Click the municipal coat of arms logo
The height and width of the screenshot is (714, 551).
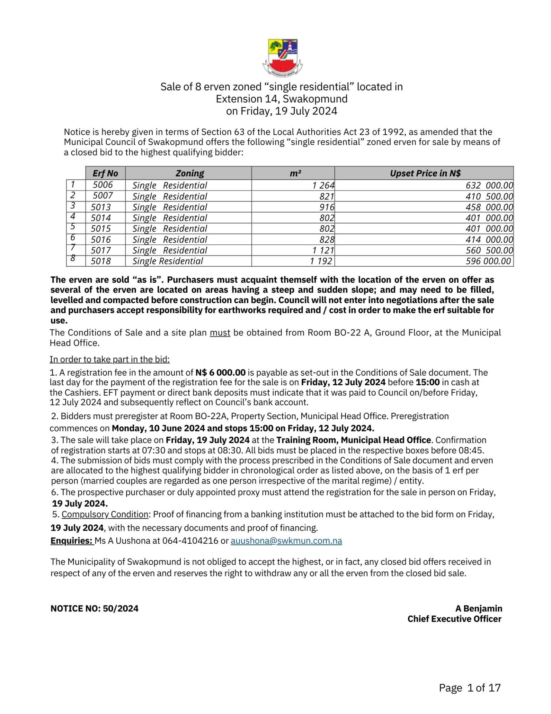282,58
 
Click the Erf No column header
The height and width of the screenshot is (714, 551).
105,173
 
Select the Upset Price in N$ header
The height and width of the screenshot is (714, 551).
425,173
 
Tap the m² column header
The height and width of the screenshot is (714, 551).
295,173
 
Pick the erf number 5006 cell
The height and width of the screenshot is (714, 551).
103,185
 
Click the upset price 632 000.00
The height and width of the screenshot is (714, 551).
489,185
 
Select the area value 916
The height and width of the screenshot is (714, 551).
327,207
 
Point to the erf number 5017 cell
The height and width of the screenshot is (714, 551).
101,250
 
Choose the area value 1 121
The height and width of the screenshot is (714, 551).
323,250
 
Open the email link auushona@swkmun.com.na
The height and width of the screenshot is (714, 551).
286,541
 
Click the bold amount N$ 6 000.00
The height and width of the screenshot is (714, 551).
220,373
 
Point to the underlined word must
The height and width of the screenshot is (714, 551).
220,333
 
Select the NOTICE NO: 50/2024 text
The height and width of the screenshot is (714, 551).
94,609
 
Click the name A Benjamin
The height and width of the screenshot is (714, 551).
479,609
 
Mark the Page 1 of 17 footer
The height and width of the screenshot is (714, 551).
470,688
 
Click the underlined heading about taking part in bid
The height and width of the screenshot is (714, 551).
110,360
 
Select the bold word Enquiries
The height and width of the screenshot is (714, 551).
71,541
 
